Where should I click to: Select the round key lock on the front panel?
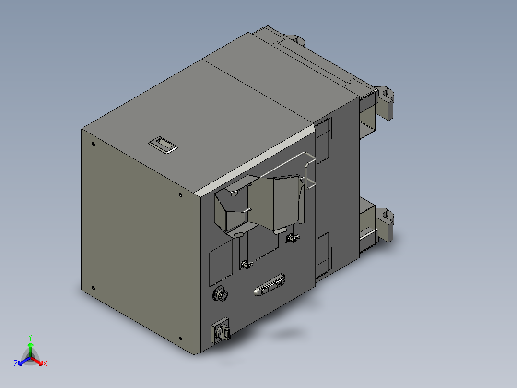221,294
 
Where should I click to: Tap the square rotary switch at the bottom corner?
221,331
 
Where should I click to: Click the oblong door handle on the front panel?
269,285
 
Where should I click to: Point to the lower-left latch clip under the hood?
247,264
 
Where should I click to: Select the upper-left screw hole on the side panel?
93,144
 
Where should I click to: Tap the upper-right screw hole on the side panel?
180,194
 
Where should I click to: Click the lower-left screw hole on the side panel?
93,288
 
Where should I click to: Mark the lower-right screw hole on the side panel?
181,338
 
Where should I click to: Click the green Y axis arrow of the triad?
30,346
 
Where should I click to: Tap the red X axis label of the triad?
45,364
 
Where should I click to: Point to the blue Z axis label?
16,364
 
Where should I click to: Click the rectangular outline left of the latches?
221,262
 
